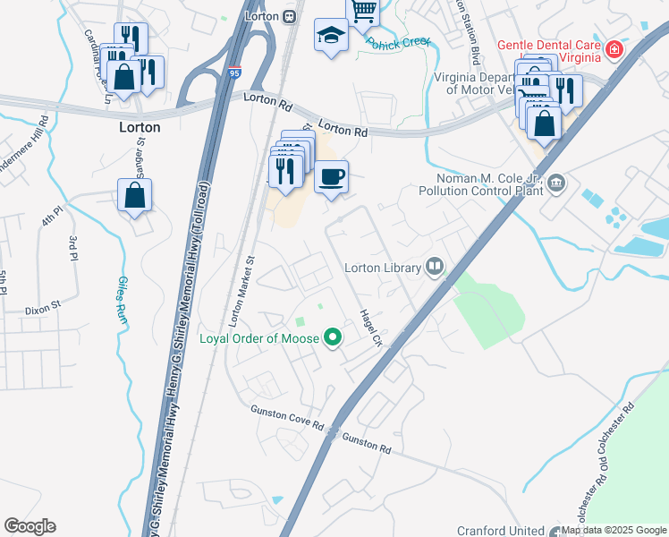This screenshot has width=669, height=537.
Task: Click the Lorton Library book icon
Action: pyautogui.click(x=436, y=268)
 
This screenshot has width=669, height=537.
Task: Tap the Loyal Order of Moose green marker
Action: pyautogui.click(x=334, y=338)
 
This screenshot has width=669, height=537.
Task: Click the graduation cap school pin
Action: pyautogui.click(x=331, y=36)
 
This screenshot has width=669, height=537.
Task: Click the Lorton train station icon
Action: pyautogui.click(x=290, y=16)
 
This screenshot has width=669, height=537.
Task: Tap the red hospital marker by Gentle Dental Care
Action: pyautogui.click(x=614, y=48)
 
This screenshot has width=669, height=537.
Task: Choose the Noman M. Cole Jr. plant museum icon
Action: pyautogui.click(x=556, y=184)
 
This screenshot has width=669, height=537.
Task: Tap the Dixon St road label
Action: pyautogui.click(x=43, y=306)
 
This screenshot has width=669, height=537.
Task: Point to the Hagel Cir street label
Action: pyautogui.click(x=370, y=328)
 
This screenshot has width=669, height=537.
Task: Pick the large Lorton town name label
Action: pyautogui.click(x=140, y=127)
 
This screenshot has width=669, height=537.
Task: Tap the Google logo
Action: pyautogui.click(x=30, y=526)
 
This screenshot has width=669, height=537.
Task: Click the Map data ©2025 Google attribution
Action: pyautogui.click(x=613, y=530)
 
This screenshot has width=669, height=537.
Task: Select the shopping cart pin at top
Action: pyautogui.click(x=363, y=11)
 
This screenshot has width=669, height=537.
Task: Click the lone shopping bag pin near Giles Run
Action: pyautogui.click(x=134, y=195)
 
